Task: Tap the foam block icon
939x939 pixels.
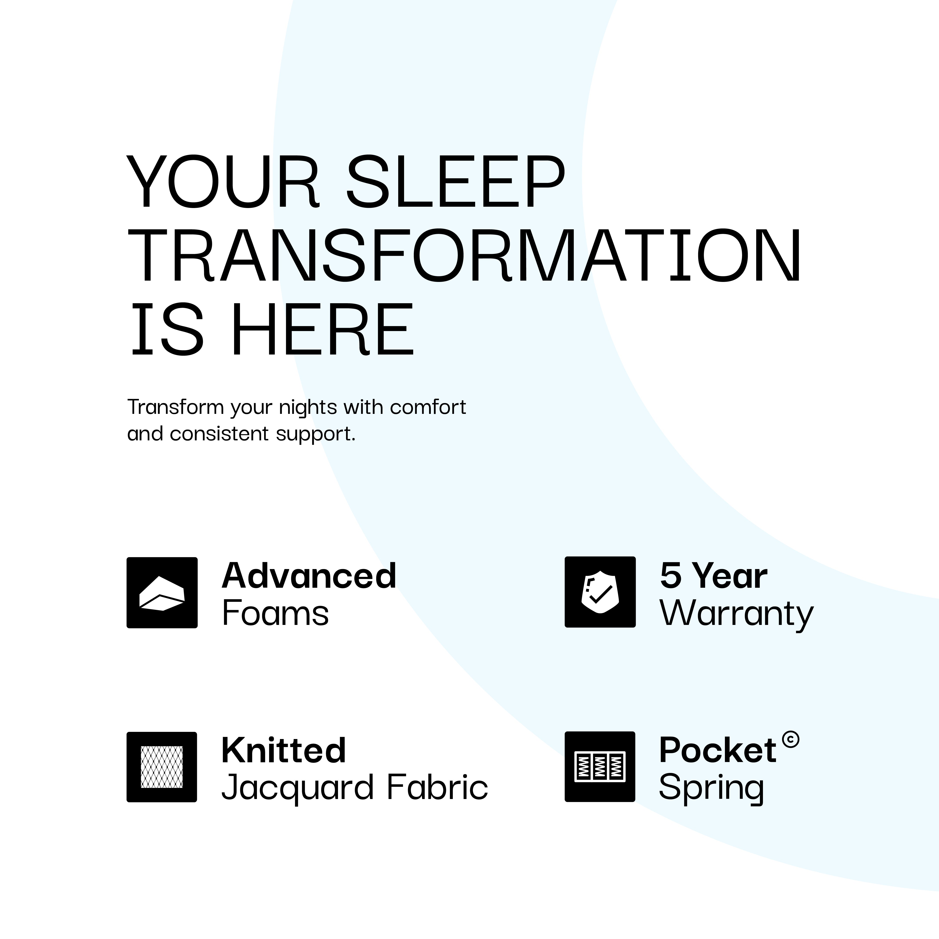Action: point(162,593)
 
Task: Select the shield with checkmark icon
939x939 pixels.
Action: point(600,592)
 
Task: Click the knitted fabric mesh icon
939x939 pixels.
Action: point(162,767)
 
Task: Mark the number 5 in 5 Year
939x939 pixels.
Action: point(671,575)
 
